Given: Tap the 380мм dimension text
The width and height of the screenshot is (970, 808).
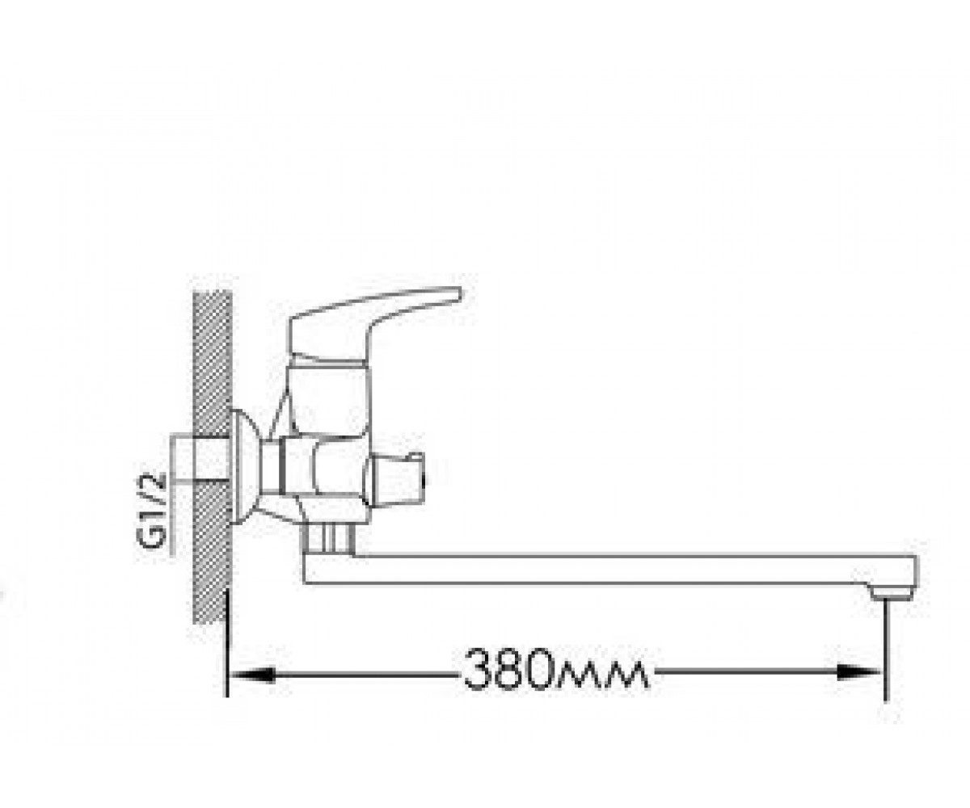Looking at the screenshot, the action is (556, 669).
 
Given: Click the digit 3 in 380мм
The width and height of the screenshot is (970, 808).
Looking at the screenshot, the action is (479, 669).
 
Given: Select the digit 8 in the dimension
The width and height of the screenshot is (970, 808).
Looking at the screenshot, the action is (512, 669).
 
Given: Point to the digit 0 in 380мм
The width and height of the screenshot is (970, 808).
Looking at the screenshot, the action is (546, 669).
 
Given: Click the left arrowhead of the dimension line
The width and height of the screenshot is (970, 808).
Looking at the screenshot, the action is (251, 674).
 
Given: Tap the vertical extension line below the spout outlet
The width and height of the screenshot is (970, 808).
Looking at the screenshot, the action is (886, 650).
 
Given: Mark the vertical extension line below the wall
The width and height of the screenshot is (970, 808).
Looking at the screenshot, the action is (226, 643).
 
